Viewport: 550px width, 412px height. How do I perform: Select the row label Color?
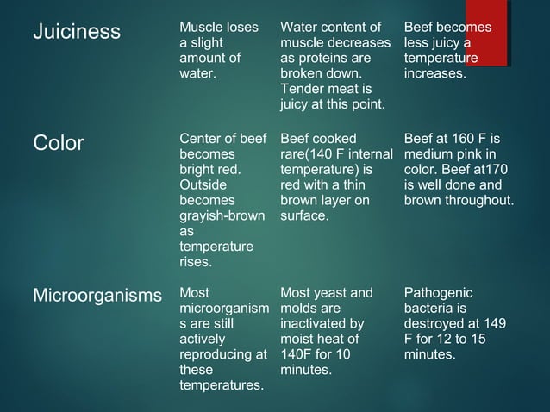59,143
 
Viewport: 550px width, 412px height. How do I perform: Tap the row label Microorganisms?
97,296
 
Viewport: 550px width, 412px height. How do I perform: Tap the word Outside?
203,184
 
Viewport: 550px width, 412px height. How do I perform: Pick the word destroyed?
437,324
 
